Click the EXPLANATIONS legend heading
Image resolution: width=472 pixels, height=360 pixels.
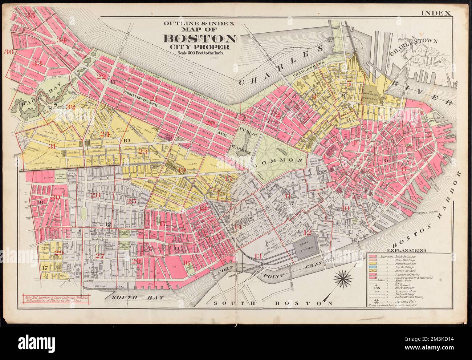[407, 250]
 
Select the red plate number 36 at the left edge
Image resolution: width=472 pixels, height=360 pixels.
[9, 52]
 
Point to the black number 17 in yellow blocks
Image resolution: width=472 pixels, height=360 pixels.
[45, 268]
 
